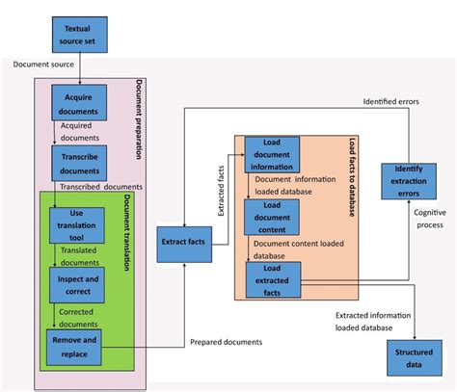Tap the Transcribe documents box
pos(78,159)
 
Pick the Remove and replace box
pos(75,347)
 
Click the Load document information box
pos(271,156)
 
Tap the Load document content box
pos(271,218)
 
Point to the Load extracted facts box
pos(271,280)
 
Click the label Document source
pos(49,65)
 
